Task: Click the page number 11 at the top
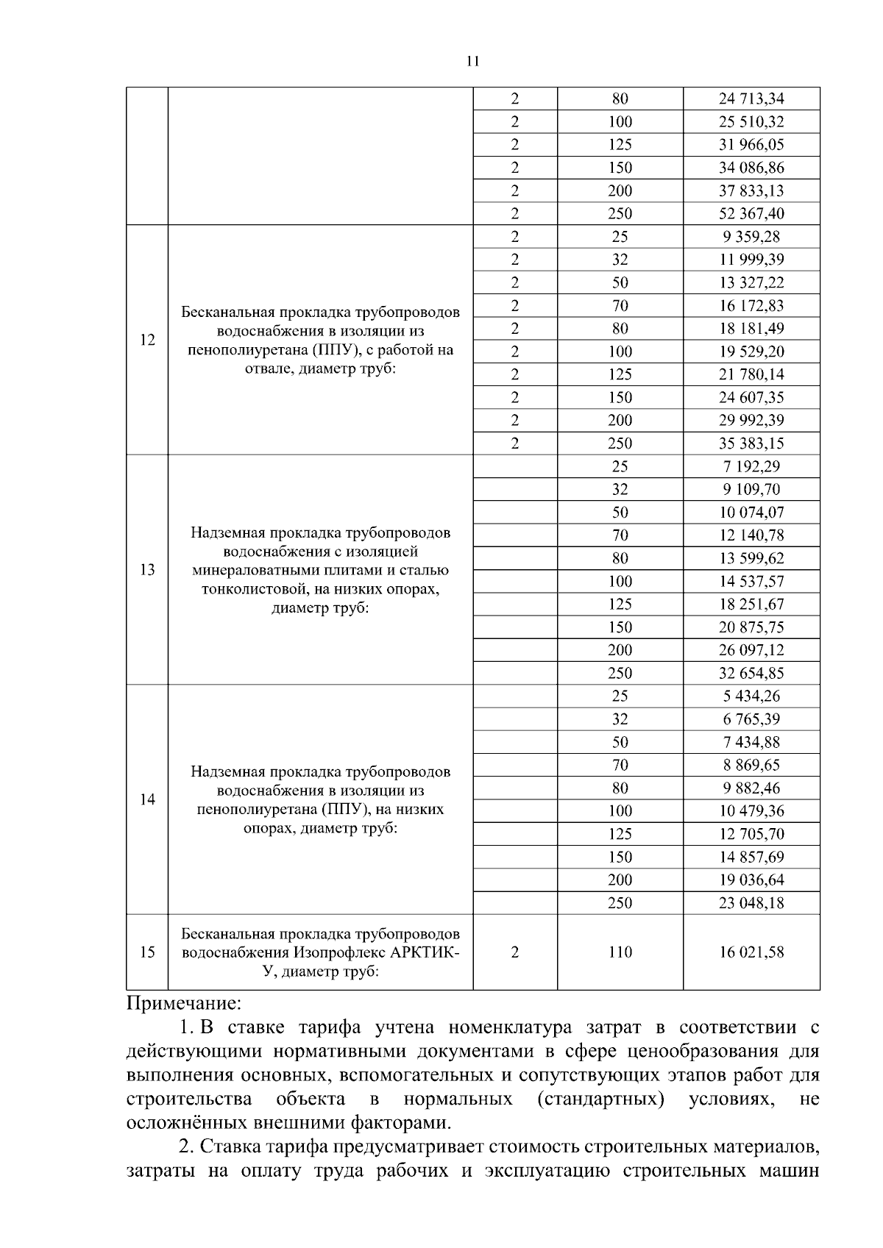click(x=472, y=61)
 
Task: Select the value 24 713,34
click(x=751, y=99)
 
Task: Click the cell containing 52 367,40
click(x=751, y=214)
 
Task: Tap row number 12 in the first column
click(x=147, y=340)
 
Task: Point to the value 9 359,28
click(x=751, y=237)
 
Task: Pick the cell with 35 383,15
click(x=751, y=443)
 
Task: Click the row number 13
click(x=147, y=570)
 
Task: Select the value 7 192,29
click(x=751, y=466)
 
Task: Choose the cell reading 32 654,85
click(x=751, y=673)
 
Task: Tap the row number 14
click(x=147, y=799)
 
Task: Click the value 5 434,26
click(x=751, y=696)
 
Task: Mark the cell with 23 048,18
click(x=751, y=903)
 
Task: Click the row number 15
click(x=147, y=952)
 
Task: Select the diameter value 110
click(x=620, y=952)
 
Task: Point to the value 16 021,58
click(x=751, y=952)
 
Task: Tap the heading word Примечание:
click(x=183, y=1003)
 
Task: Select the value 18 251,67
click(x=751, y=605)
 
